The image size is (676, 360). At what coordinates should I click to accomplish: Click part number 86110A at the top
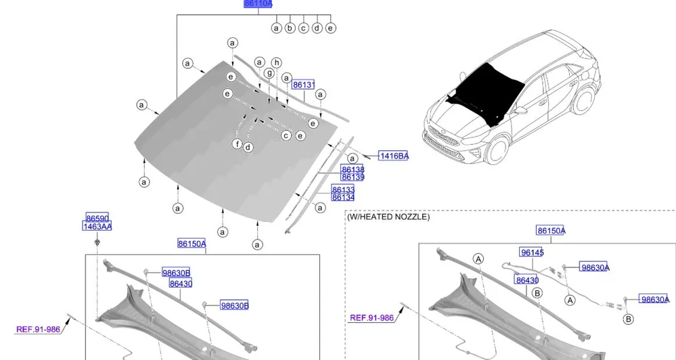pyautogui.click(x=258, y=3)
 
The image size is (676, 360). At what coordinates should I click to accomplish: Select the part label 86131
pyautogui.click(x=304, y=85)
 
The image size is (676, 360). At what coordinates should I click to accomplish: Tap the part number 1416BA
pyautogui.click(x=393, y=156)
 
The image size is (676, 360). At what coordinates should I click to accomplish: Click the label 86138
pyautogui.click(x=353, y=169)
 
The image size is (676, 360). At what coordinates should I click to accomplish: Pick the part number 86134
pyautogui.click(x=343, y=197)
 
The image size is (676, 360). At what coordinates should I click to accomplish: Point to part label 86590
pyautogui.click(x=97, y=218)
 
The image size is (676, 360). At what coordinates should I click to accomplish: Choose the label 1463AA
pyautogui.click(x=97, y=226)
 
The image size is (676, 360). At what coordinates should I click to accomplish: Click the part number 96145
pyautogui.click(x=532, y=252)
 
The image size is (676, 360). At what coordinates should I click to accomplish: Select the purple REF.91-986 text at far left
pyautogui.click(x=39, y=330)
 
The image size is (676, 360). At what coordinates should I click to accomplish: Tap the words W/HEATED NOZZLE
pyautogui.click(x=388, y=217)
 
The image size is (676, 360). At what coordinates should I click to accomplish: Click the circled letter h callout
pyautogui.click(x=276, y=62)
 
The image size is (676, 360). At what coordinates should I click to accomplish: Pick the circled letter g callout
pyautogui.click(x=269, y=73)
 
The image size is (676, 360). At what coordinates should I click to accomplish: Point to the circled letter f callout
pyautogui.click(x=237, y=144)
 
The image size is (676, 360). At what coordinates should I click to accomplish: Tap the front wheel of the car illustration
pyautogui.click(x=497, y=150)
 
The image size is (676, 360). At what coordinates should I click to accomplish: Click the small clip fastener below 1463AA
pyautogui.click(x=97, y=241)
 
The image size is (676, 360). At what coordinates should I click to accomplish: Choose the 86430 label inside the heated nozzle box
pyautogui.click(x=526, y=279)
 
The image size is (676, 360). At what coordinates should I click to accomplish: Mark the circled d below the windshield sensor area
pyautogui.click(x=248, y=148)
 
